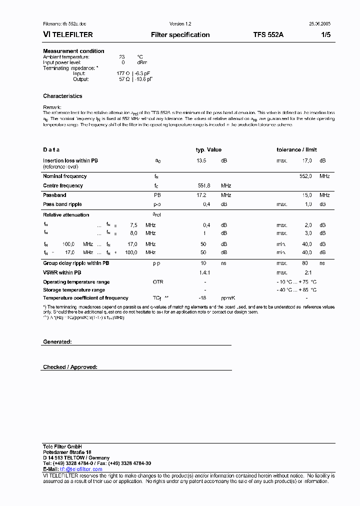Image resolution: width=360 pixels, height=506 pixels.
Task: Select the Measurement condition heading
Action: point(73,51)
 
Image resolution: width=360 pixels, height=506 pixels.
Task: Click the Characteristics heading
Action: point(62,96)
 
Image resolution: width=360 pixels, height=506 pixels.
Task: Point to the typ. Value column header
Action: point(208,149)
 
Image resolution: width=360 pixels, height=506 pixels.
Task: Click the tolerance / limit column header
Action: point(296,149)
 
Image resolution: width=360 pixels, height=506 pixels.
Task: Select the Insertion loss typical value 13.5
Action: point(201,160)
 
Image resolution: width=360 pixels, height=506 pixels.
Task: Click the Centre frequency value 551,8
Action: point(204,185)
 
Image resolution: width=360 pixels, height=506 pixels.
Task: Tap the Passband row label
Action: point(54,195)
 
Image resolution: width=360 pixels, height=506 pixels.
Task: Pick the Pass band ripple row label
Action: point(62,204)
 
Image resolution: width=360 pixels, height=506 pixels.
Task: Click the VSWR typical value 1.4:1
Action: point(205,272)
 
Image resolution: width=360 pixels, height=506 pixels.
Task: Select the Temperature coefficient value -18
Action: point(202,298)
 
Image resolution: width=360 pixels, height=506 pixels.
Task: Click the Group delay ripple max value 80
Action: point(304,263)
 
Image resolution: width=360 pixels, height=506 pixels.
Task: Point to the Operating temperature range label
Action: point(76,282)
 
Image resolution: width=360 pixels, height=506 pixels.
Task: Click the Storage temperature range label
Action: point(74,290)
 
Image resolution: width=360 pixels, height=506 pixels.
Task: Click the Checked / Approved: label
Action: point(70,367)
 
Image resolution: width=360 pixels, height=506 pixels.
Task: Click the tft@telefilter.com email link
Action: point(81,469)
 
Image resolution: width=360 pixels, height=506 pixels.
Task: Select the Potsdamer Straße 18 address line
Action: point(67,452)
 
